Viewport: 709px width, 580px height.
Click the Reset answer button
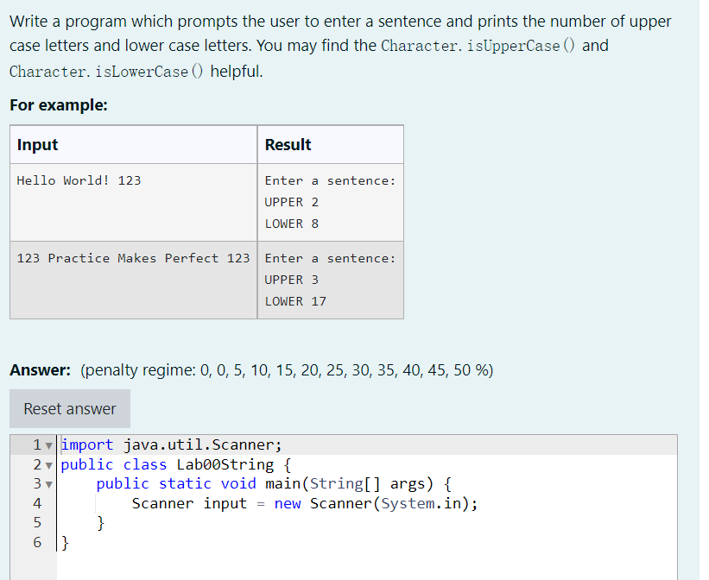70,408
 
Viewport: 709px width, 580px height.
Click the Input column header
38,145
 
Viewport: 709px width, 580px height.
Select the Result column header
288,145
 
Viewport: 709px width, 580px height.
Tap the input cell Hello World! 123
79,180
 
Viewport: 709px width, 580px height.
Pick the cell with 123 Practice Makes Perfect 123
133,258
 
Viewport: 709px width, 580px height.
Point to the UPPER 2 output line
291,202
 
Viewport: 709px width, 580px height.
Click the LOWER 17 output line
295,301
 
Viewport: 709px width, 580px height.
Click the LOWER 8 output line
291,224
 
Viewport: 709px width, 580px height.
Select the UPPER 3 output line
291,280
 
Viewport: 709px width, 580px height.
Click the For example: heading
59,104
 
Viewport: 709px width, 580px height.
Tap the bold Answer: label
40,370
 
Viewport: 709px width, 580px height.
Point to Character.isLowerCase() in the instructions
107,72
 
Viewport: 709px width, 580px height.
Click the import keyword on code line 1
87,445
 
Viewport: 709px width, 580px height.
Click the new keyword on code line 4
288,503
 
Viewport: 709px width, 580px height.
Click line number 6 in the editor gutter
36,541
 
